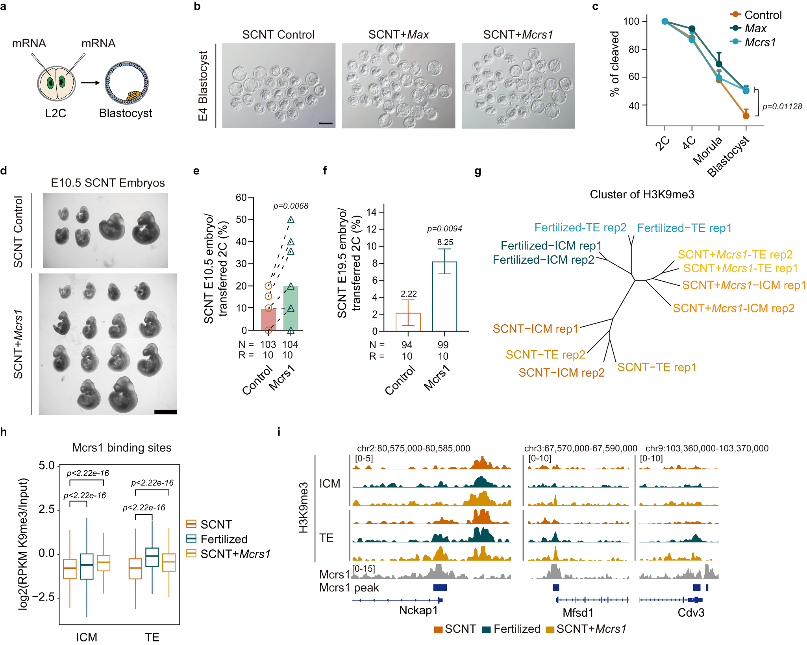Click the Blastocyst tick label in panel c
[728, 156]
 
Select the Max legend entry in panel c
[755, 28]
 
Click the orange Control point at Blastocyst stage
[746, 116]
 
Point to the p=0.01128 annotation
[782, 106]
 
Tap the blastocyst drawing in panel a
[126, 83]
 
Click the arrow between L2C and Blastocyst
[90, 83]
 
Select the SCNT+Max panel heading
[398, 35]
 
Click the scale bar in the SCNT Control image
[326, 124]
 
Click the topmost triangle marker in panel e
[291, 220]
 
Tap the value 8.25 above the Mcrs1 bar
[445, 242]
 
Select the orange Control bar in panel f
[408, 322]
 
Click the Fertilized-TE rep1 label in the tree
[684, 228]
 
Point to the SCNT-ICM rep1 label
[535, 329]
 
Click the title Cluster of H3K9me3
[642, 194]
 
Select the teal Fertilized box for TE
[152, 557]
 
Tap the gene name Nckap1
[418, 610]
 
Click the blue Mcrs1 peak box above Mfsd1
[556, 588]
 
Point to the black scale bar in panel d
[165, 412]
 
